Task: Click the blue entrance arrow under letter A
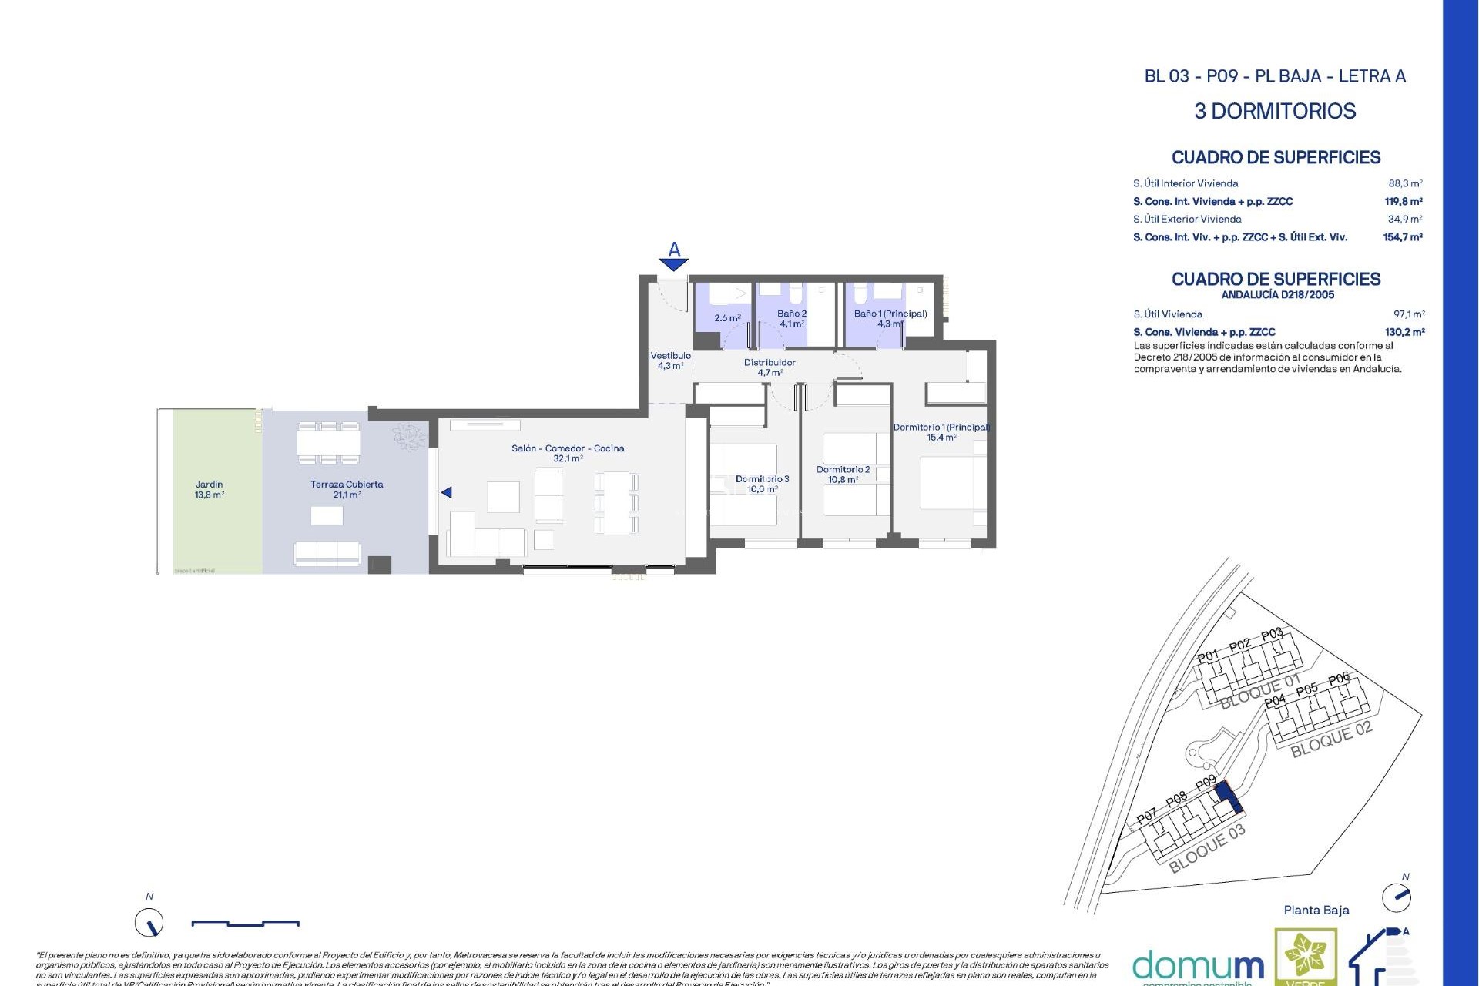[674, 265]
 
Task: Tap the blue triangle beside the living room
[446, 492]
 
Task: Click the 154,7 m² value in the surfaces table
[1402, 237]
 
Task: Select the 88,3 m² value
[1405, 183]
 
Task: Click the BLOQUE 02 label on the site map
[1331, 739]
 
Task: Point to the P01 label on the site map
[1208, 656]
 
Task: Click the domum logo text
[1198, 966]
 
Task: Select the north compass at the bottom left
[149, 922]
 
